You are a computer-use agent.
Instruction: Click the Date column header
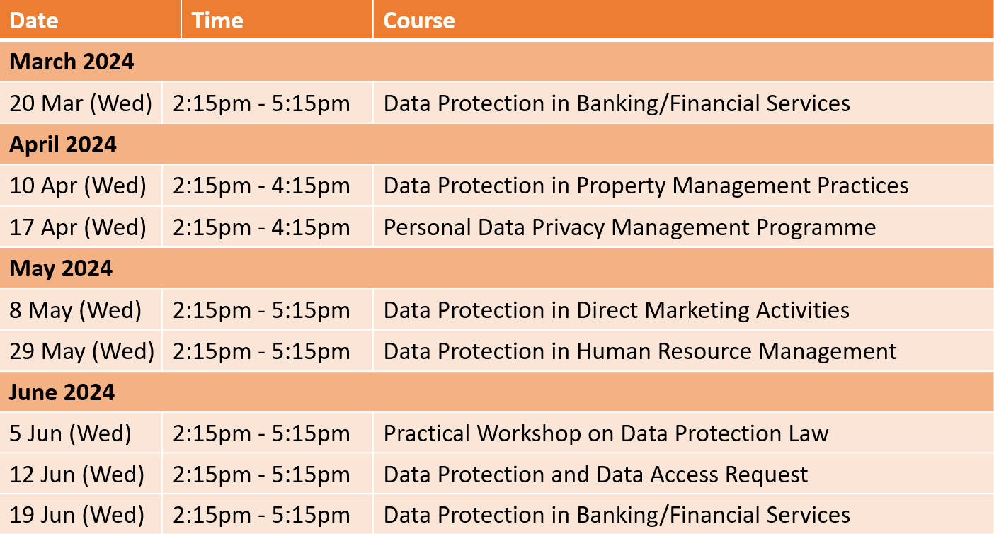click(34, 21)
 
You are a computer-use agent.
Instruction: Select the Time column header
click(217, 21)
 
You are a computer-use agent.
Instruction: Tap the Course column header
click(419, 21)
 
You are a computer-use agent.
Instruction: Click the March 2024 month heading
click(72, 61)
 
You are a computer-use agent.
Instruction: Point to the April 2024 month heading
click(63, 144)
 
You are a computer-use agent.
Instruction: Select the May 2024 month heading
click(61, 268)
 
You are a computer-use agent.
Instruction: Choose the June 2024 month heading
click(62, 392)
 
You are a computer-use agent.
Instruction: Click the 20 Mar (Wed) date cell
click(81, 103)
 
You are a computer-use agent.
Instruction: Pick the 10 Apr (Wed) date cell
click(78, 186)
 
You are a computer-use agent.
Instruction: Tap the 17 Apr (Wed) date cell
click(78, 227)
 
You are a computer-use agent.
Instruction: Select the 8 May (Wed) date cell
click(76, 309)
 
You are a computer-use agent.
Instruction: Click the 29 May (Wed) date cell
click(82, 351)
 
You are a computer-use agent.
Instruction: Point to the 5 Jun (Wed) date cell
click(71, 433)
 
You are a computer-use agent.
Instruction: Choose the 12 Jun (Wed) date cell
click(77, 475)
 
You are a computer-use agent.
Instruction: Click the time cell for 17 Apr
click(261, 227)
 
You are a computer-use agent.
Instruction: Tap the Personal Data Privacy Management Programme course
click(629, 227)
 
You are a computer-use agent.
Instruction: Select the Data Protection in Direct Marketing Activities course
click(617, 309)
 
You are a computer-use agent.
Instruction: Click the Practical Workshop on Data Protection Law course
click(606, 433)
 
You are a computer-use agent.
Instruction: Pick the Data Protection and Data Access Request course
click(595, 475)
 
